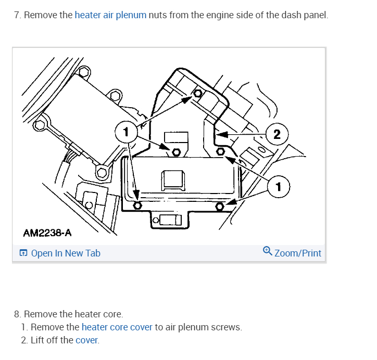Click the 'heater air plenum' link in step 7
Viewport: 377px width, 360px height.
110,15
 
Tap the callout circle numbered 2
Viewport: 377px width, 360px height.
277,134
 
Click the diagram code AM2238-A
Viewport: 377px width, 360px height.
47,233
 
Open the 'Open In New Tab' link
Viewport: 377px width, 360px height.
66,253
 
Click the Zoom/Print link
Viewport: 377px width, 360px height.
297,253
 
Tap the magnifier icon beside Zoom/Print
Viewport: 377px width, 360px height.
267,251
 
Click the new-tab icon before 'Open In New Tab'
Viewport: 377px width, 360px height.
23,253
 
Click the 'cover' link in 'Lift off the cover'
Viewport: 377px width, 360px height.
86,340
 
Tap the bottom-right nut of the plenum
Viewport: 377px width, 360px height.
220,207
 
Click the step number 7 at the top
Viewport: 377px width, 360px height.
17,15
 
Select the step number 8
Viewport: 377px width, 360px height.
17,314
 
